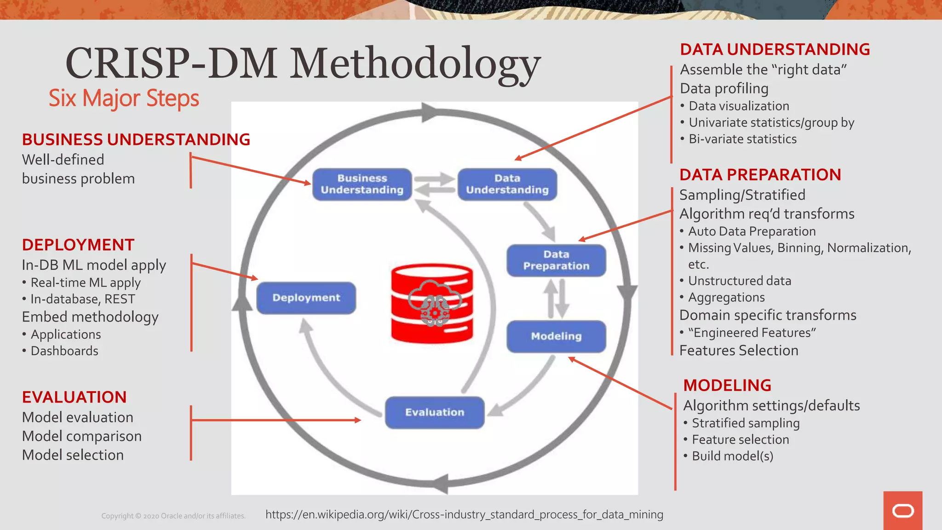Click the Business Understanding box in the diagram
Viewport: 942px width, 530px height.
(x=362, y=184)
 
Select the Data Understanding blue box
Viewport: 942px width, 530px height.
(x=507, y=184)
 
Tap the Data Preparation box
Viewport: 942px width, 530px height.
(x=556, y=260)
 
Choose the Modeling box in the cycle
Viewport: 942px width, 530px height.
(x=556, y=336)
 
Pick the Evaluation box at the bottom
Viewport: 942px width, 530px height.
(x=435, y=412)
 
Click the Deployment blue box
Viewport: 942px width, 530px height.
(x=306, y=298)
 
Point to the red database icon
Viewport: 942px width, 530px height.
(x=432, y=303)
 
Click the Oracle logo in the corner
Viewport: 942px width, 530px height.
(x=902, y=511)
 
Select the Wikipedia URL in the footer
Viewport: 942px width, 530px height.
(x=464, y=514)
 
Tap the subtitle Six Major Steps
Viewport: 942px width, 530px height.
(x=124, y=98)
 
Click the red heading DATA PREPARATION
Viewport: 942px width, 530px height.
(x=760, y=175)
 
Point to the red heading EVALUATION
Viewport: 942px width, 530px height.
(x=74, y=397)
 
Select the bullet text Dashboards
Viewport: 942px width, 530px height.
(x=64, y=351)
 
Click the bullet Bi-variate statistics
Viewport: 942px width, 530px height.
(x=742, y=139)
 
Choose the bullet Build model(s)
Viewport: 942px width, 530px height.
(x=732, y=456)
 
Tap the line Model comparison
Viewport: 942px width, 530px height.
(x=82, y=436)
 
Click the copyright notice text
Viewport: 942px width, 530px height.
(x=173, y=516)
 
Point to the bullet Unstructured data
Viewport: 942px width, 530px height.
(x=740, y=281)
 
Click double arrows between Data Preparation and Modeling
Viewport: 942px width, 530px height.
(x=557, y=299)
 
